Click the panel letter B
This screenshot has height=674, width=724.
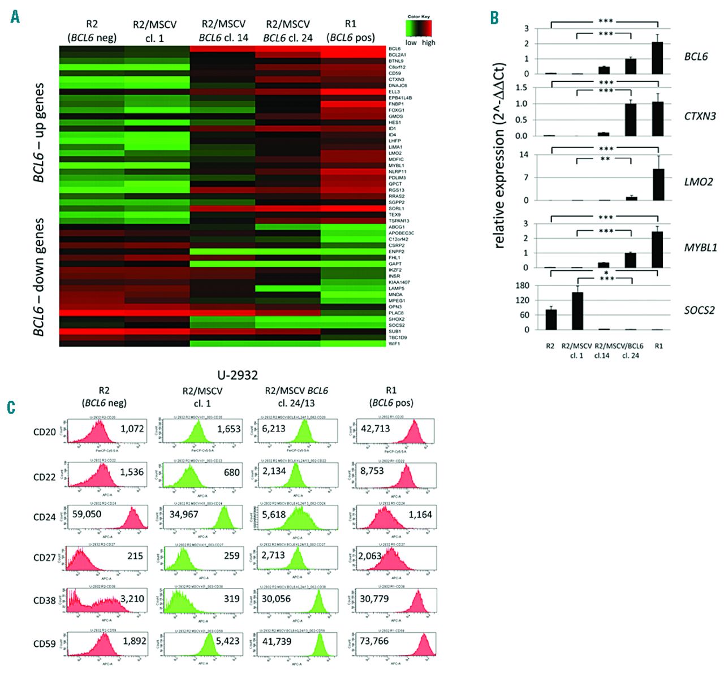pyautogui.click(x=494, y=17)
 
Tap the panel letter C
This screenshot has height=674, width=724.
pyautogui.click(x=11, y=407)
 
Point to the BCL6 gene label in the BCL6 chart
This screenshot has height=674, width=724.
pyautogui.click(x=696, y=57)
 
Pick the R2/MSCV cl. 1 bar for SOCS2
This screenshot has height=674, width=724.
pyautogui.click(x=577, y=311)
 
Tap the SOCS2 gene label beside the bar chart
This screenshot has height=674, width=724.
pyautogui.click(x=699, y=310)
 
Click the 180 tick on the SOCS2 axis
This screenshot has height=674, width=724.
pyautogui.click(x=522, y=286)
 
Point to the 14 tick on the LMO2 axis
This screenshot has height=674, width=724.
pyautogui.click(x=524, y=155)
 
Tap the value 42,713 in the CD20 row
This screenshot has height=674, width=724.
pyautogui.click(x=375, y=429)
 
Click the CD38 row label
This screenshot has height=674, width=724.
pyautogui.click(x=44, y=600)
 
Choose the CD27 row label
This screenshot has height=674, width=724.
pyautogui.click(x=44, y=558)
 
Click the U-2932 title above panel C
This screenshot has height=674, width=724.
pyautogui.click(x=238, y=375)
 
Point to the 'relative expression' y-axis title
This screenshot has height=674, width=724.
pyautogui.click(x=499, y=155)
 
